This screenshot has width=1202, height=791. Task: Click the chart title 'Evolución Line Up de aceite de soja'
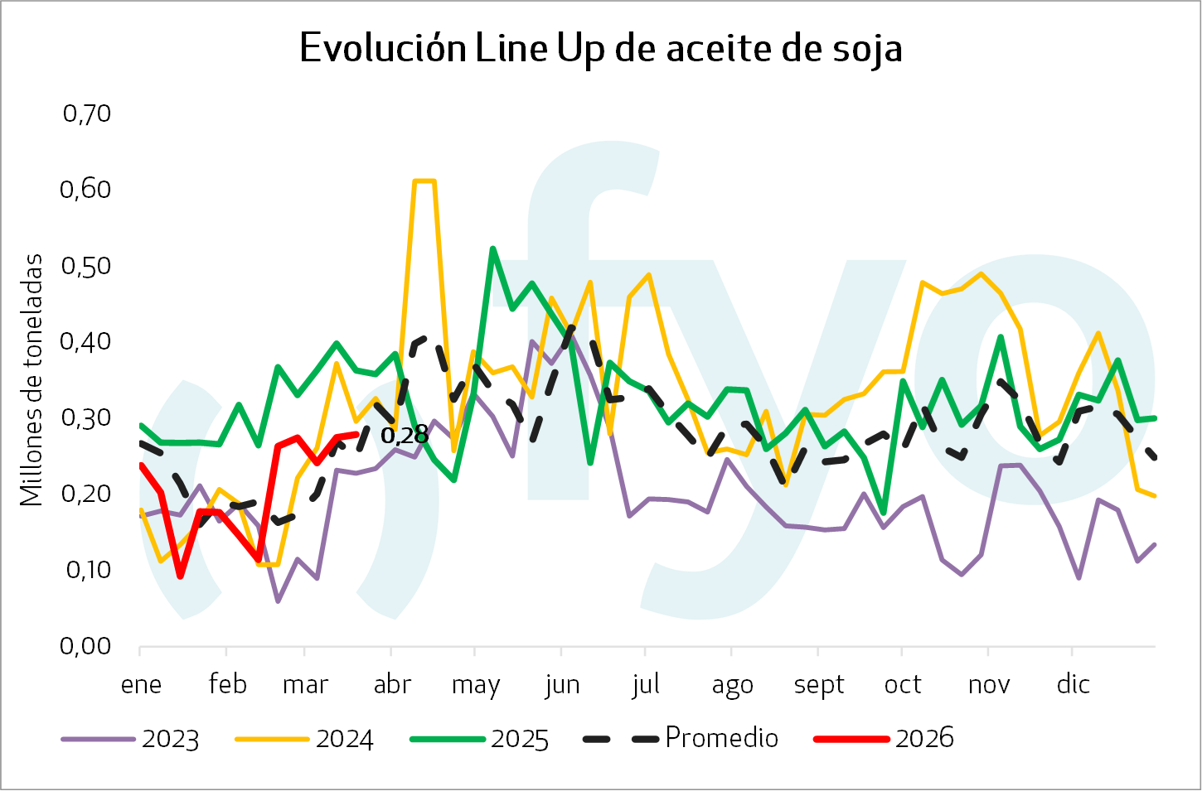600,48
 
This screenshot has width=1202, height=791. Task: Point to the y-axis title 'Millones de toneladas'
32,380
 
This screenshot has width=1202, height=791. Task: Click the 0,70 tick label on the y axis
86,113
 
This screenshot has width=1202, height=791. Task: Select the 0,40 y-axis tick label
86,340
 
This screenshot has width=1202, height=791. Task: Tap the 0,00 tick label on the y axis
86,645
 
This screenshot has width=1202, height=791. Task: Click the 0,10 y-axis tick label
86,569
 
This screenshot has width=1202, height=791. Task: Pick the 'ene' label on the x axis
141,685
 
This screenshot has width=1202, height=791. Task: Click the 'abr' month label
392,685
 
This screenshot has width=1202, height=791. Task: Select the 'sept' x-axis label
818,685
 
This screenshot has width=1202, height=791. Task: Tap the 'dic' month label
1073,685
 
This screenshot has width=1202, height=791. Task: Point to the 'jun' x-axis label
562,685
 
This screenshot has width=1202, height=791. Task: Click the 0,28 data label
405,434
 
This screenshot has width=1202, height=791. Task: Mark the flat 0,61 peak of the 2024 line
424,181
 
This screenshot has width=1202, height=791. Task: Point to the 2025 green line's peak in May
492,248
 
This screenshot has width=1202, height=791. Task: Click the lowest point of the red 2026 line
180,576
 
